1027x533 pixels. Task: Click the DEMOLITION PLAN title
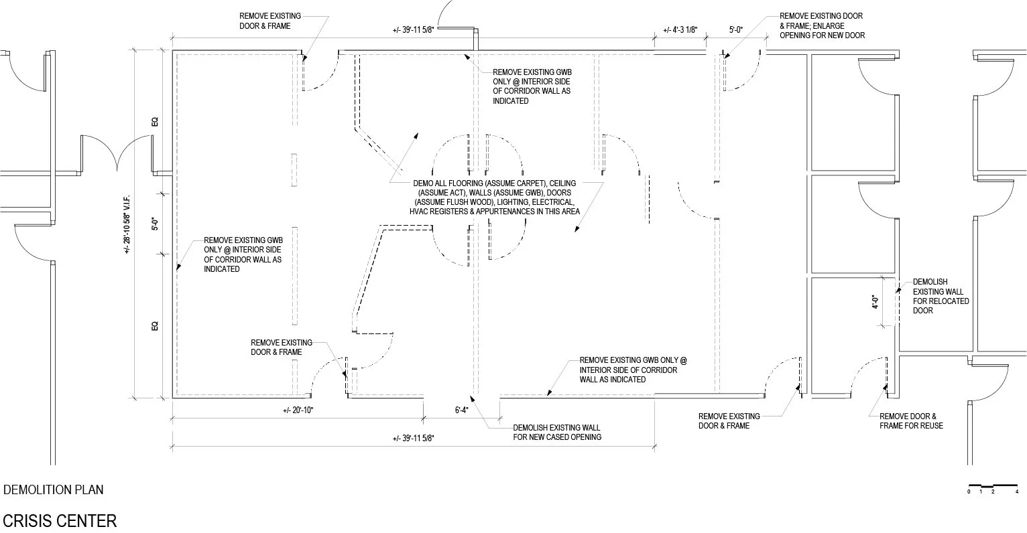click(x=54, y=489)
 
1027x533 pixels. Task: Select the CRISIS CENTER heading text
click(x=60, y=521)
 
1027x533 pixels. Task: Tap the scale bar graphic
click(x=993, y=485)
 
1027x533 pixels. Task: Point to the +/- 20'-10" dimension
click(x=298, y=410)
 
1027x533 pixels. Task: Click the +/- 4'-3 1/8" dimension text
click(x=680, y=30)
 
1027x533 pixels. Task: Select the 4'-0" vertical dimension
click(x=875, y=303)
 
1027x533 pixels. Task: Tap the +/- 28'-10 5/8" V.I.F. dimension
click(x=127, y=224)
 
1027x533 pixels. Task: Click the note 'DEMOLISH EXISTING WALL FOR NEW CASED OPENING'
click(x=556, y=433)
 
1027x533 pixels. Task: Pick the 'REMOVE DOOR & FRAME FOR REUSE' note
click(x=911, y=421)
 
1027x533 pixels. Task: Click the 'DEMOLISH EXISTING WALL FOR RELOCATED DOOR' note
click(x=941, y=296)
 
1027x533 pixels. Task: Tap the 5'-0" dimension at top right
click(x=736, y=30)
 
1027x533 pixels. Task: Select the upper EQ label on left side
click(x=154, y=122)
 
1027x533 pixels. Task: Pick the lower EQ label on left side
click(x=154, y=326)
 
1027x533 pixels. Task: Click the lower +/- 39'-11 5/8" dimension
click(x=414, y=439)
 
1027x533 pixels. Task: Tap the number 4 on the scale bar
click(x=1017, y=492)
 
